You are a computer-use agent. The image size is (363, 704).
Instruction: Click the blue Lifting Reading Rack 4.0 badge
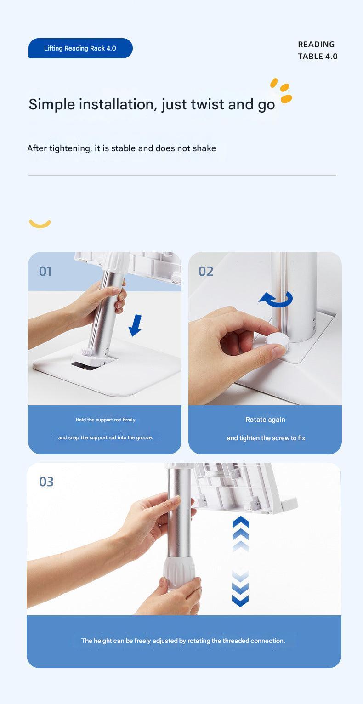pos(80,48)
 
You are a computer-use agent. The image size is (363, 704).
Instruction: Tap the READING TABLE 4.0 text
pos(317,50)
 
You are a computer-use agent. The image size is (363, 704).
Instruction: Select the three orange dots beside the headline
pos(281,90)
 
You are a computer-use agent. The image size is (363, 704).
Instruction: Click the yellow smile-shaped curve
pos(40,224)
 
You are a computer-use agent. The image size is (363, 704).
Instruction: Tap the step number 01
pos(45,271)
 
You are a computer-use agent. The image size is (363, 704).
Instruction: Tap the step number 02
pos(206,271)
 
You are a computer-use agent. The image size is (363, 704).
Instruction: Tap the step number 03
pos(46,482)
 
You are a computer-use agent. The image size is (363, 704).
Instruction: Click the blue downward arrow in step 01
pos(135,325)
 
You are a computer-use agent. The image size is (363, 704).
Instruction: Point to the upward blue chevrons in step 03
pos(240,533)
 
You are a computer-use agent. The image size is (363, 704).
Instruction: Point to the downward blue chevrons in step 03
pos(240,588)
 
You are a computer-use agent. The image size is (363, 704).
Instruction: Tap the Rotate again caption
pos(265,420)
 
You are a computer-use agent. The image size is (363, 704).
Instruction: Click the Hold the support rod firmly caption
pos(105,420)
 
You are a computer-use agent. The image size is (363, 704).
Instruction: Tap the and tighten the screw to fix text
pos(266,438)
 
